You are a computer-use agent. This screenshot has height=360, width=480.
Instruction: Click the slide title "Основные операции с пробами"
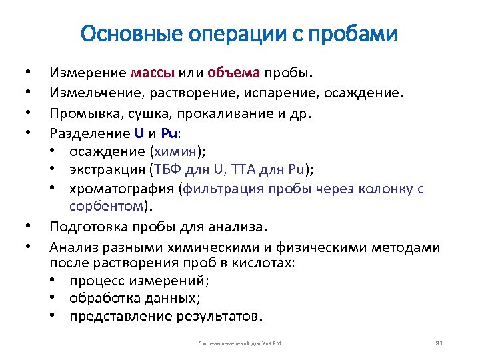tap(239, 33)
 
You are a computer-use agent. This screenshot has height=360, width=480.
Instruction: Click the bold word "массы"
tap(153, 71)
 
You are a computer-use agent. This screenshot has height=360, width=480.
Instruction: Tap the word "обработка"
tap(103, 297)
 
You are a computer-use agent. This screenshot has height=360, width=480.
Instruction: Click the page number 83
tap(439, 343)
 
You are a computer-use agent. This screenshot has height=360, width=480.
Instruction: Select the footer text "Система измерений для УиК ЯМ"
tap(240, 343)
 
